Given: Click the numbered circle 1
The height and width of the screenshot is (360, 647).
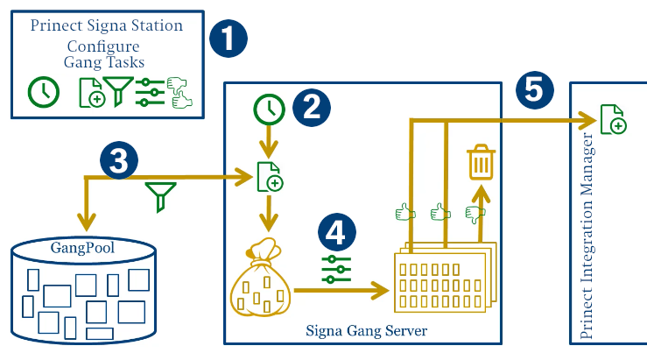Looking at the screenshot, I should pos(229,39).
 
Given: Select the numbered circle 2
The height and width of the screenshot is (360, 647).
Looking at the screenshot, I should pos(311,108).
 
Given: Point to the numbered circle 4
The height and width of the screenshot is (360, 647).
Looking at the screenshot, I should pos(336,234).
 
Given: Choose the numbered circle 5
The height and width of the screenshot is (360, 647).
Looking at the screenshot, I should pos(535,90).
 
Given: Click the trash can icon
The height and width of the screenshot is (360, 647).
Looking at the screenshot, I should pos(481,162).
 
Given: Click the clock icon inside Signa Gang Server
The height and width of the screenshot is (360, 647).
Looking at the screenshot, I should pos(269,109).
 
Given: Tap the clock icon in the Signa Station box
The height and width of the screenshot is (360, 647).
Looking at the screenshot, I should pos(43,91).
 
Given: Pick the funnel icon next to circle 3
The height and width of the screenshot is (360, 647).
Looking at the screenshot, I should pos(158,196).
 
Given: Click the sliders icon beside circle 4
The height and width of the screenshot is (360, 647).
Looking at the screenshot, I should pos(334,269).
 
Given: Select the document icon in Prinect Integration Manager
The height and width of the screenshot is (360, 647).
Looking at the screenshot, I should pos(612,118).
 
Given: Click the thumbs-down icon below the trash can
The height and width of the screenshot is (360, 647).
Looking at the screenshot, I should pos(475,212).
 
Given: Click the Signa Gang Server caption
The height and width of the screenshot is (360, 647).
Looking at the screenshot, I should pos(366,330).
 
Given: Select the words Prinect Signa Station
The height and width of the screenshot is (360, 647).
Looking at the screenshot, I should pos(107,25).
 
